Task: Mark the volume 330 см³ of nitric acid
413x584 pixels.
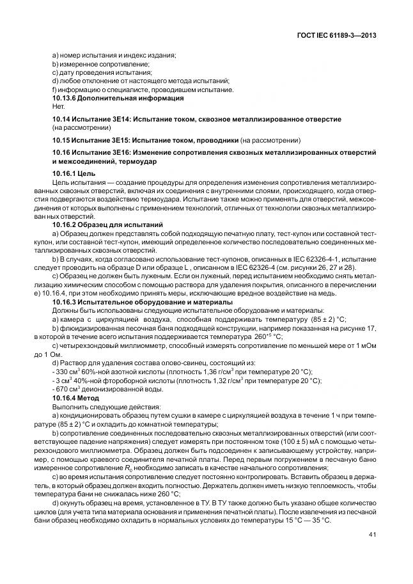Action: [x=68, y=372]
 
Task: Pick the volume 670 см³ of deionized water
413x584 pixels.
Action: [x=68, y=389]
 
